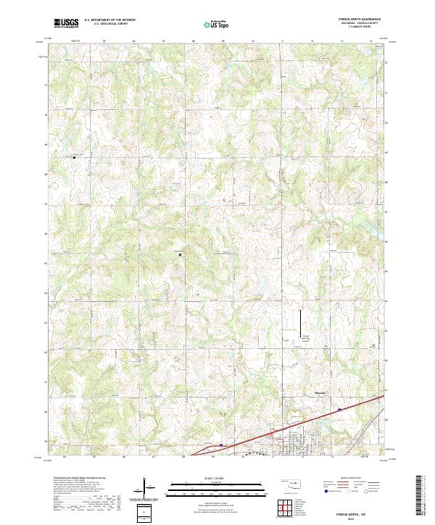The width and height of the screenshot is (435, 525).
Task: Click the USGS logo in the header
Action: pos(67,23)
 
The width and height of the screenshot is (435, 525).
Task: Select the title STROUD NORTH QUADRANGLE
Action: pos(360,19)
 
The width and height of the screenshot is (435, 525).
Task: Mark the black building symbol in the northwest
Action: pos(73,156)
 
